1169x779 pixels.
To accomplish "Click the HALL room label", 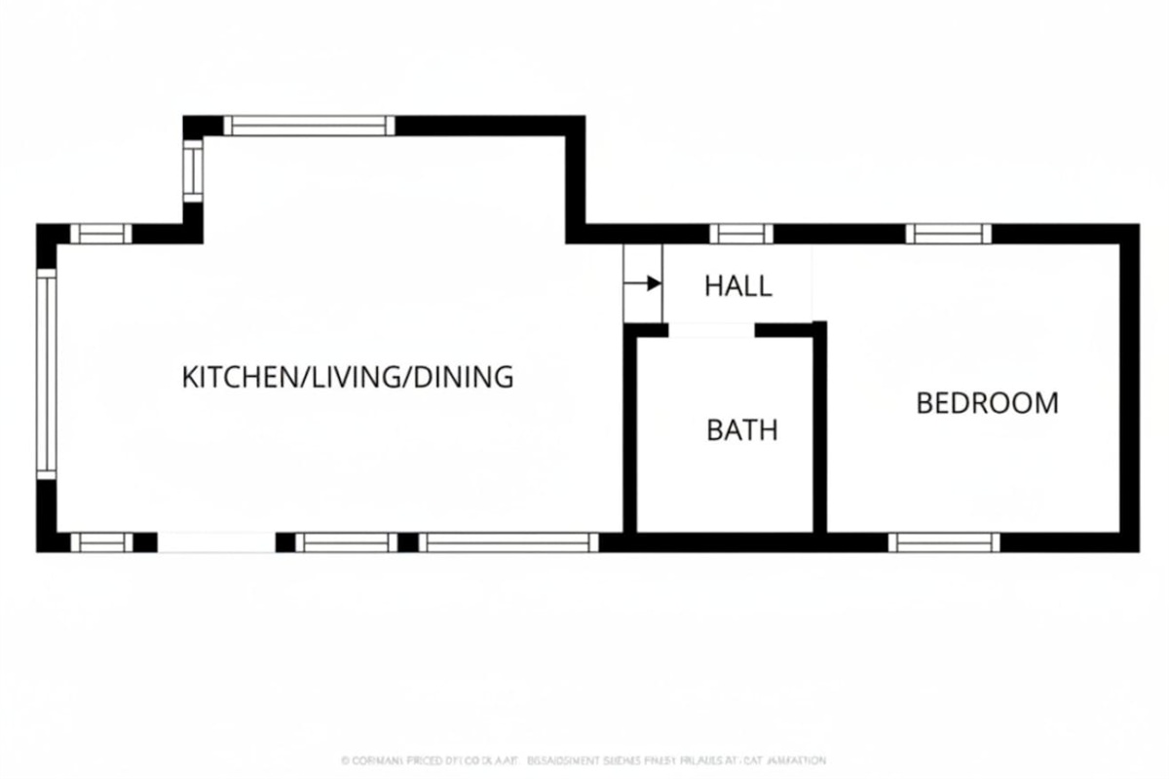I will [x=737, y=286].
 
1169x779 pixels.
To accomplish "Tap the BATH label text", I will [x=742, y=429].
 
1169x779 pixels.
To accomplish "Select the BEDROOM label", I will [x=987, y=402].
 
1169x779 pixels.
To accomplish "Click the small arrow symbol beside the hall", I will [x=642, y=283].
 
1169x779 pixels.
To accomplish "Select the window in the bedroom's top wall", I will [x=948, y=234].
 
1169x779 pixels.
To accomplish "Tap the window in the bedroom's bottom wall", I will [x=944, y=542].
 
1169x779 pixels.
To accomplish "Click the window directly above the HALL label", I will [x=740, y=234].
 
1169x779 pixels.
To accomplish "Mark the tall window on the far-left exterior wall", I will [x=46, y=373].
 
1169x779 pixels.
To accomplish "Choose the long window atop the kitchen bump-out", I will [x=309, y=126].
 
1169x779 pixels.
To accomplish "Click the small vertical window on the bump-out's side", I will [x=193, y=170].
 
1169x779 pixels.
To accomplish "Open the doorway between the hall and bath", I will [x=711, y=331].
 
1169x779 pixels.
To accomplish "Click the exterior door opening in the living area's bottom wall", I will [x=216, y=542].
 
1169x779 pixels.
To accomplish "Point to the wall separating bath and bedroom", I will [x=819, y=428].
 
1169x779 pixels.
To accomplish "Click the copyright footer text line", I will [x=584, y=760].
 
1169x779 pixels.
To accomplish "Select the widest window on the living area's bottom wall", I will [x=509, y=542].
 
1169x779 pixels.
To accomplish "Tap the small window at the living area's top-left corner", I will [x=100, y=234].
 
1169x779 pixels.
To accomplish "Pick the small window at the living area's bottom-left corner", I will [x=101, y=542].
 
